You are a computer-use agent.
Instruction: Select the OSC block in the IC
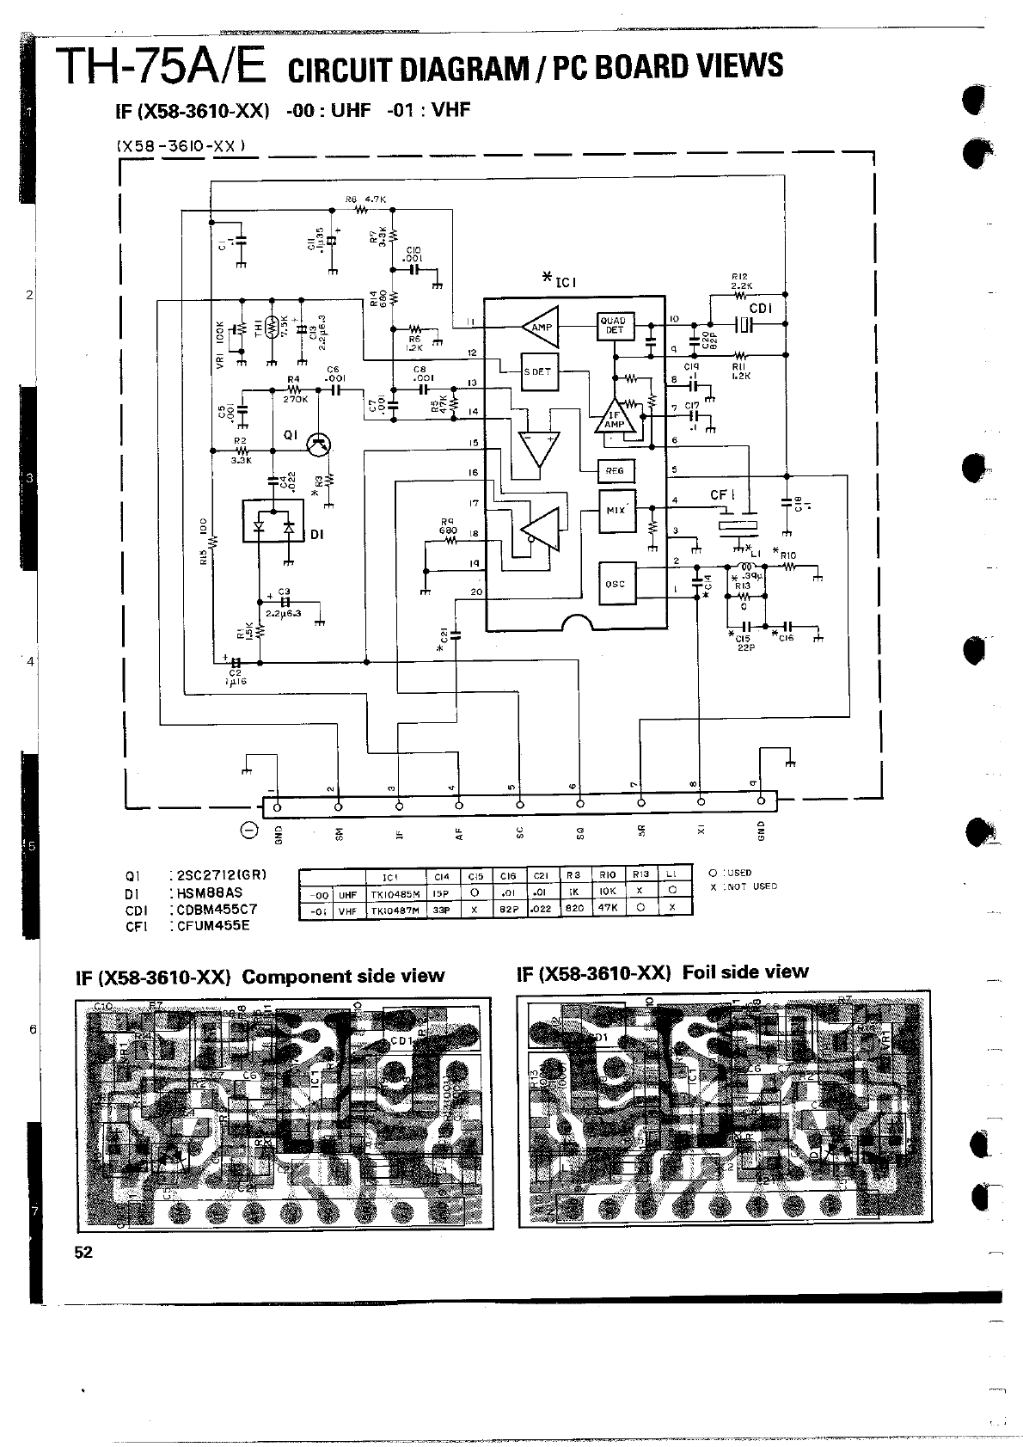[x=616, y=584]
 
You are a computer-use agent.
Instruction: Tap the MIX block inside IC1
[x=616, y=510]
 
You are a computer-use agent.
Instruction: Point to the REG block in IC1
[x=616, y=470]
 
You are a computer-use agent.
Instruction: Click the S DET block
[x=538, y=371]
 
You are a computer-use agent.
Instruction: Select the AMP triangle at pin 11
[x=540, y=327]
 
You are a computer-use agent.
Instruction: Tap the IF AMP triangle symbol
[x=615, y=416]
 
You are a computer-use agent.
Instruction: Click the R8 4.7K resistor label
[x=366, y=199]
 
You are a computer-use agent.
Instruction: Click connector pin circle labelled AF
[x=459, y=806]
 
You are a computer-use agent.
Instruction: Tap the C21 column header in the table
[x=541, y=876]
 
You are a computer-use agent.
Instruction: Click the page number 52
[x=83, y=1252]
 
